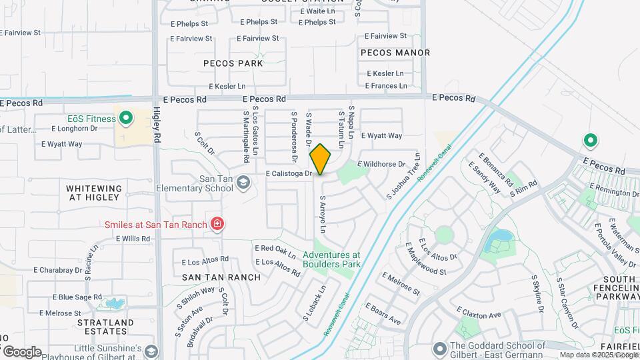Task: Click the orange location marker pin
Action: [320, 159]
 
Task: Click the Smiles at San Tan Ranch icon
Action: [216, 224]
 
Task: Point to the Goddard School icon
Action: [439, 349]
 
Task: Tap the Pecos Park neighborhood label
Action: [233, 63]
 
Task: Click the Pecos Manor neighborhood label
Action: [395, 52]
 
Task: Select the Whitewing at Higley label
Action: [94, 193]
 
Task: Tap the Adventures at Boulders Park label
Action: [331, 259]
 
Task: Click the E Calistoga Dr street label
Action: [289, 174]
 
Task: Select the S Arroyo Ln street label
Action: [323, 215]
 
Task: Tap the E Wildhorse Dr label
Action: [381, 164]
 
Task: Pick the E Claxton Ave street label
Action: [479, 312]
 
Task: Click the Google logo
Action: [22, 351]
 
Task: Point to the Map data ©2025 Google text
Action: [599, 355]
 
